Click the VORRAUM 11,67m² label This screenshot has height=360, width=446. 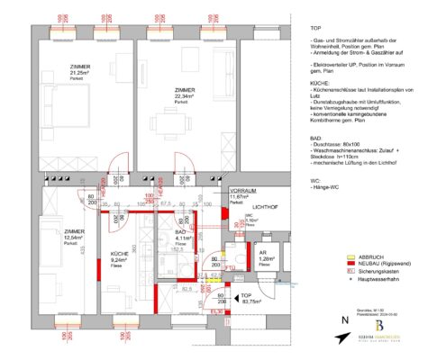tap(242, 195)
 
